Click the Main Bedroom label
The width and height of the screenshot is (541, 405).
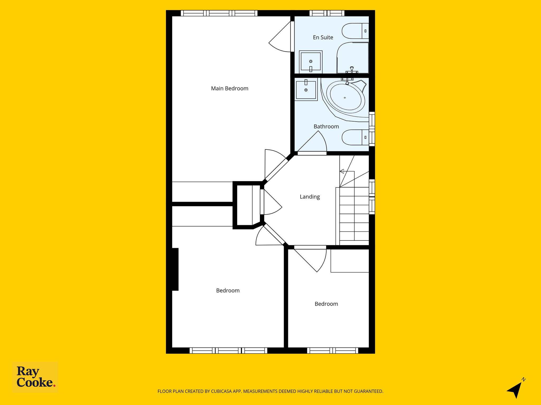[x=230, y=89]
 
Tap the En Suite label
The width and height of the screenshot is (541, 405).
[x=323, y=37]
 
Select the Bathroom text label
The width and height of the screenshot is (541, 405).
[x=326, y=127]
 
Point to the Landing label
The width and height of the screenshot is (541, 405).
[x=310, y=197]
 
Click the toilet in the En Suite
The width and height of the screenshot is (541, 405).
[x=355, y=31]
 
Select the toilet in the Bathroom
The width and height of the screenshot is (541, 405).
[x=355, y=137]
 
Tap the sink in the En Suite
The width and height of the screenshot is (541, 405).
[x=311, y=62]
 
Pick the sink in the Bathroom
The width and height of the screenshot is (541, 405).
[x=306, y=89]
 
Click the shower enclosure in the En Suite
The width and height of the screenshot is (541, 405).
[x=353, y=58]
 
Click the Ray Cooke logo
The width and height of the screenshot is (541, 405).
[x=35, y=378]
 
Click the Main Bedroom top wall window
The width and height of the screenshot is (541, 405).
[x=219, y=13]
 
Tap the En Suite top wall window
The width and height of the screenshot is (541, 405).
[x=327, y=13]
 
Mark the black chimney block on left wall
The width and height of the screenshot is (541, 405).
[x=175, y=269]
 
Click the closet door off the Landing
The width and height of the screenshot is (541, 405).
[x=271, y=202]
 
